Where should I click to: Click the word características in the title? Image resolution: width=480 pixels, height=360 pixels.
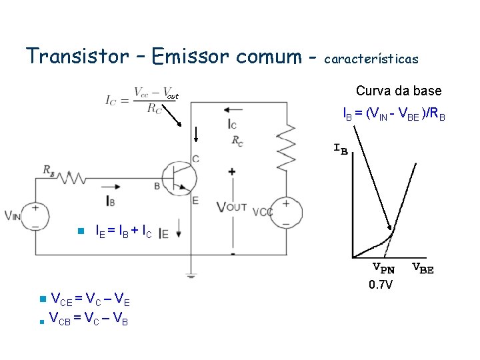tap(371, 59)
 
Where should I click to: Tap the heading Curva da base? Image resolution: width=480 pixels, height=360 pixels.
tap(399, 91)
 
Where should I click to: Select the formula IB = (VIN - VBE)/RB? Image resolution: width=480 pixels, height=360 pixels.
tap(393, 115)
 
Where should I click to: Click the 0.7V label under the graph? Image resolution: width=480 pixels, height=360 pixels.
tap(381, 285)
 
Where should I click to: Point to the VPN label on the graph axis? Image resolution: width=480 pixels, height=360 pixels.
tap(383, 269)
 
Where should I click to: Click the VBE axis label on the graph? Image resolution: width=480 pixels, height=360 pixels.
tap(422, 269)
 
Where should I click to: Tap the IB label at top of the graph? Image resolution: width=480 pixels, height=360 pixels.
tap(340, 148)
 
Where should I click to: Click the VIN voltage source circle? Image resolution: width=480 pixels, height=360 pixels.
tap(35, 217)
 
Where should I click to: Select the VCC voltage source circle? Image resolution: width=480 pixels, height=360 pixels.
tap(285, 212)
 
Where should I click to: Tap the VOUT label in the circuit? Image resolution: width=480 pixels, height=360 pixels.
tap(231, 207)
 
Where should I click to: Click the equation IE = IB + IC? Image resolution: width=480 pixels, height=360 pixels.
tap(124, 233)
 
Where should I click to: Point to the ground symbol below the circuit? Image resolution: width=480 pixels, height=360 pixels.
tap(191, 275)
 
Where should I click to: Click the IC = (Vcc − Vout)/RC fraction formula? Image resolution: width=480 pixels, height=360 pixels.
tap(141, 101)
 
